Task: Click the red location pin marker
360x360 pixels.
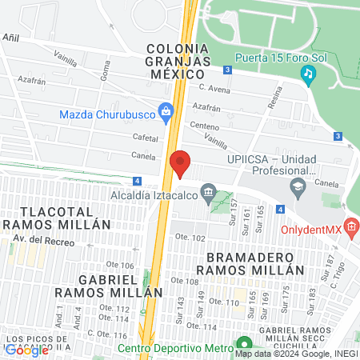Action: point(180,162)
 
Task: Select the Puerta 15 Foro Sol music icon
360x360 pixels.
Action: point(308,74)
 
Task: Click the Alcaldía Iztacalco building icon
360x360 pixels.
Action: point(208,191)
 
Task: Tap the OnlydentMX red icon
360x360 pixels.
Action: point(350,227)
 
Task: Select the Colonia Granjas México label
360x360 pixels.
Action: point(179,60)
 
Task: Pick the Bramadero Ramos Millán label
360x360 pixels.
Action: point(255,263)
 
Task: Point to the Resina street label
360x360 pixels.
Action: point(274,98)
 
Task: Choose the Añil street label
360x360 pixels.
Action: point(11,37)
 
